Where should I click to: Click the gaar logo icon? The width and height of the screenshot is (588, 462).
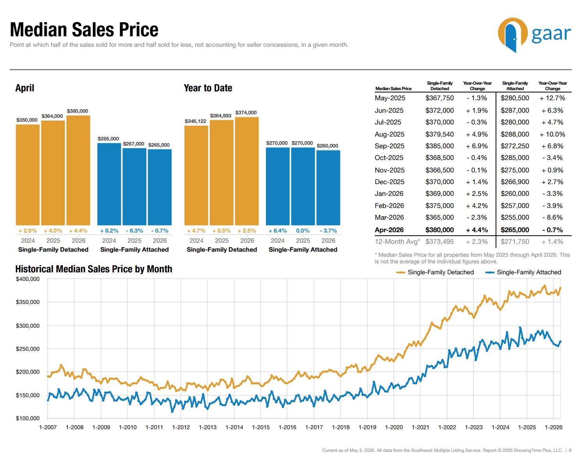point(512,35)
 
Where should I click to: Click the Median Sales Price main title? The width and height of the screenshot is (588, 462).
point(84,30)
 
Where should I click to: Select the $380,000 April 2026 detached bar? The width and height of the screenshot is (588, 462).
point(78,171)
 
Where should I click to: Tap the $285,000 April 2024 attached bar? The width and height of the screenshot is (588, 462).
point(109,184)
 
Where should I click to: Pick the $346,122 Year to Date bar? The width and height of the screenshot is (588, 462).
point(196,176)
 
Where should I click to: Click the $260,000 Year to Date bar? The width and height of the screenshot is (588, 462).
point(328,188)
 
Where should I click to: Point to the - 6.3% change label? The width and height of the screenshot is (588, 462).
point(135,231)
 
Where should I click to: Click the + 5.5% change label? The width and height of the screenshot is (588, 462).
point(221,231)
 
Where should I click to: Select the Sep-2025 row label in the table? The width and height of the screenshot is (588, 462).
point(390,146)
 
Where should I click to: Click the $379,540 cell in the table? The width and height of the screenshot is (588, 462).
point(439,134)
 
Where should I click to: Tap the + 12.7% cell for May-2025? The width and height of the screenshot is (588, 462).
point(552,98)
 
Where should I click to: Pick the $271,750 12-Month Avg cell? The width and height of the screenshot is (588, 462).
point(515,242)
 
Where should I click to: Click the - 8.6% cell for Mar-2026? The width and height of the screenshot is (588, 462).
point(552,217)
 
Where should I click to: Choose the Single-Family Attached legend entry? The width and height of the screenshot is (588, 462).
point(523,272)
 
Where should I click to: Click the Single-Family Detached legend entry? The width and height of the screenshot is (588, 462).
point(435,272)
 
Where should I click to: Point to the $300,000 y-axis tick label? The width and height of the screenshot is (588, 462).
point(28,326)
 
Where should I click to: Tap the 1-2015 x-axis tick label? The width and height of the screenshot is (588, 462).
point(261,427)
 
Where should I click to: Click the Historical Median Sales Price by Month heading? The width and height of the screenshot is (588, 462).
point(94,269)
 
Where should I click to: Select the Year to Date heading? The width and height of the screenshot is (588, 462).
point(208,88)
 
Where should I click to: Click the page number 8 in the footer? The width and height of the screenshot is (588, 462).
point(570,450)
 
